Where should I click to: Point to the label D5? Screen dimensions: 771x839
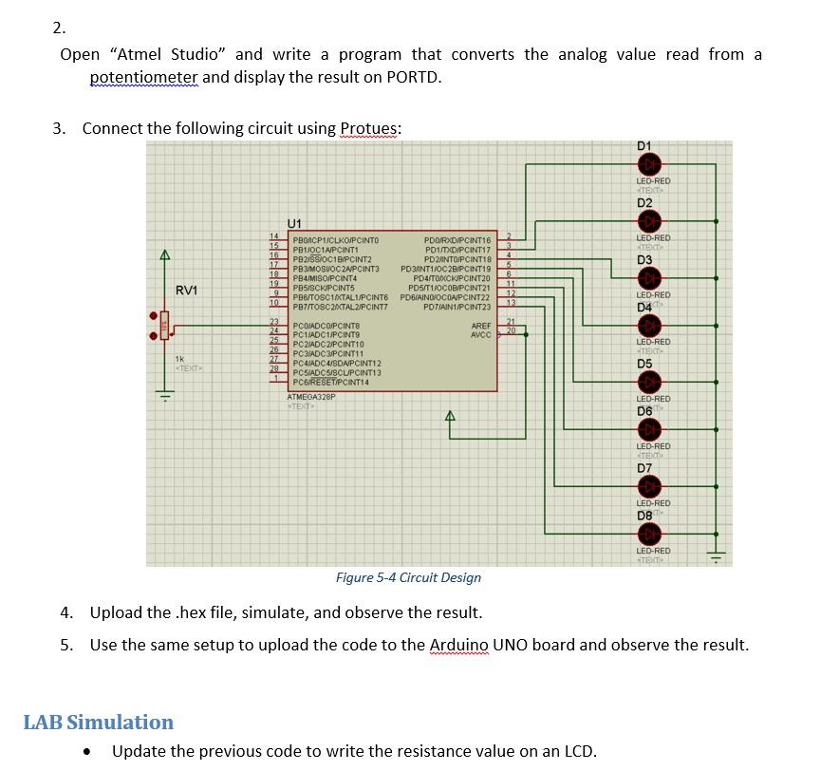pos(644,364)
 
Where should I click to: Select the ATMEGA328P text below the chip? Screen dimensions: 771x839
pos(310,397)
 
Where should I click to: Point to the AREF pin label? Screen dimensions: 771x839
pos(481,326)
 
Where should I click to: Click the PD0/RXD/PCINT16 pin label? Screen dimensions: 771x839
pos(457,240)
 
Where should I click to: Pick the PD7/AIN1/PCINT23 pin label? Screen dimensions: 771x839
pos(457,307)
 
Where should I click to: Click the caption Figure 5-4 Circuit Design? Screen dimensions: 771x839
pos(408,577)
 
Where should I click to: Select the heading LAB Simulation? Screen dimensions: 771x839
pos(99,722)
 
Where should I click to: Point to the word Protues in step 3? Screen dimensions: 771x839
pos(370,128)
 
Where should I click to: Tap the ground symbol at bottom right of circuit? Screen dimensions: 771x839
pos(718,556)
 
